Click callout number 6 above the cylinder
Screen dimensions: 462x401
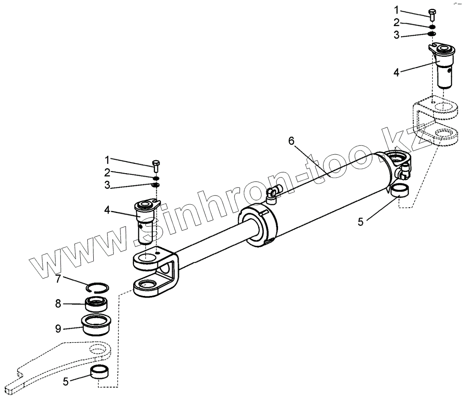click(291, 141)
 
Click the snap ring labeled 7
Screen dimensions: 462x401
click(97, 288)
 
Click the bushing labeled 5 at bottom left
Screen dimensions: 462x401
click(100, 372)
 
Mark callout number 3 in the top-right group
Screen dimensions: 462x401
click(396, 36)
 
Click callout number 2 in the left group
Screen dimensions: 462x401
click(108, 172)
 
